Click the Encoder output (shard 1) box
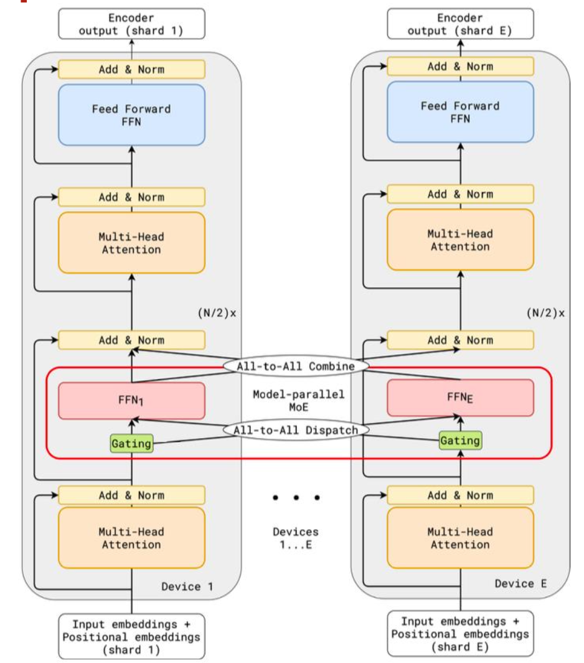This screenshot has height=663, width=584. coord(131,24)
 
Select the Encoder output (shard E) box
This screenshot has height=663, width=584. coord(460,24)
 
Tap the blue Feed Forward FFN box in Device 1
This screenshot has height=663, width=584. coord(131,115)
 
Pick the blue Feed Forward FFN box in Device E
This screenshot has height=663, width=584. coord(460,112)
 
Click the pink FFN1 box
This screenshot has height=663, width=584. coord(131,401)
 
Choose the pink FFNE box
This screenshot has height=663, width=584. coord(460,398)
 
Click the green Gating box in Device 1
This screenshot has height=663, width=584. coord(131,444)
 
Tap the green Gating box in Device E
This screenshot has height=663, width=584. coord(460,441)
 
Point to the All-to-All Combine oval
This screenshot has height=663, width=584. coord(296,366)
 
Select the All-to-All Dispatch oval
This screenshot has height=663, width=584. coord(296,430)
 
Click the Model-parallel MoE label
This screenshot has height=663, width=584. coord(298,401)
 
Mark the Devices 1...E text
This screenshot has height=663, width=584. coord(296,538)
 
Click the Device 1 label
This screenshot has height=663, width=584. coord(187,586)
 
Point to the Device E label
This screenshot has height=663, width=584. coord(520,583)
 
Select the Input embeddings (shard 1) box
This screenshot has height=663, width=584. coord(131,636)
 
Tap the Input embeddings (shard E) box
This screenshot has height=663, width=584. coord(460,634)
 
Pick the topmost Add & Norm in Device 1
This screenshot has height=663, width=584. coord(131,69)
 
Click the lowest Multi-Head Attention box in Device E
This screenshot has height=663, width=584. coord(460,538)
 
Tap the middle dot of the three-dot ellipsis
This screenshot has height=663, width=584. coord(296,498)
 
